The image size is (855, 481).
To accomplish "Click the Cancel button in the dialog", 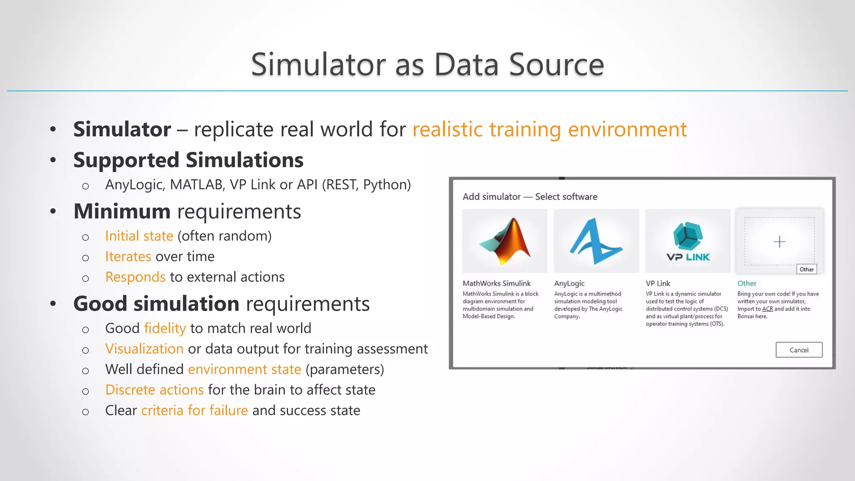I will (x=799, y=350).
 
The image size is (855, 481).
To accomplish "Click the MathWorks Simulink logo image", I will (x=505, y=241).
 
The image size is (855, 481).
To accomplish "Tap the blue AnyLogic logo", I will (x=596, y=241).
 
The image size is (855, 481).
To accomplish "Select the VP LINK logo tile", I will (x=688, y=241).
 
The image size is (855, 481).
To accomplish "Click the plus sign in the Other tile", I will (x=779, y=242).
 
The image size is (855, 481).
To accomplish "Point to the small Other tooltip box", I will (x=807, y=269).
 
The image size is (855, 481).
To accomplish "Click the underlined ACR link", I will (x=767, y=309).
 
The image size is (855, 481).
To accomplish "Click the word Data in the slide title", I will (x=466, y=65).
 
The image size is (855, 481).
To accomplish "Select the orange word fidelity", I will (x=165, y=328).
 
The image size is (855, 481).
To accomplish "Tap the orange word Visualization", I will (x=144, y=349).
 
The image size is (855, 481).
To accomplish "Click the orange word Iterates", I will (x=128, y=256).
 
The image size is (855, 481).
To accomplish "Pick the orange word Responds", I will (x=135, y=277).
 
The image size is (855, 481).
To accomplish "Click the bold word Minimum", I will (x=122, y=211).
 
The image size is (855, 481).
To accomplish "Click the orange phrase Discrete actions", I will (x=154, y=390).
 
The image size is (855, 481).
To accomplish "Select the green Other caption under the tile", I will (x=746, y=284).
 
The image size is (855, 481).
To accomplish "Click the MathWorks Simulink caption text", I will (x=496, y=284).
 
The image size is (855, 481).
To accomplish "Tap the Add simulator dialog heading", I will (x=529, y=197).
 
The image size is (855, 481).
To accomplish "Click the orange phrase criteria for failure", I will (x=195, y=410).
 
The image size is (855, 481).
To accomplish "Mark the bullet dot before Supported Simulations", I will (x=53, y=160).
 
